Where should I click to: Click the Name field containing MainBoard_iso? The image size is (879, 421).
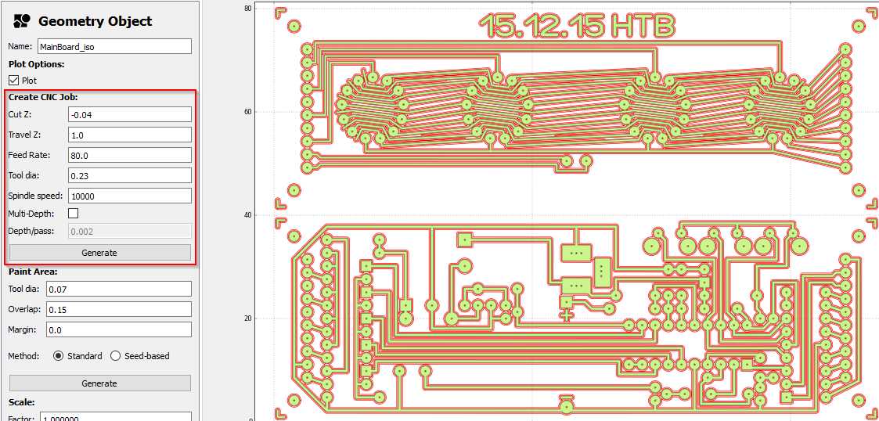point(114,46)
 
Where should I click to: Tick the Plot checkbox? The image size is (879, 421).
point(14,81)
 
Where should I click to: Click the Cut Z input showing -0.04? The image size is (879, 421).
point(130,114)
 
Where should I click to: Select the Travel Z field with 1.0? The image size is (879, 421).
point(130,135)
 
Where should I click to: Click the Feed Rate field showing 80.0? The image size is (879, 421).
point(130,155)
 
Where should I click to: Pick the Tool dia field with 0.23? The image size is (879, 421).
point(130,175)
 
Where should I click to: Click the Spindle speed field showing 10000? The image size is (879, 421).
point(130,196)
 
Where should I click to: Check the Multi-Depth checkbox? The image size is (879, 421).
point(74,213)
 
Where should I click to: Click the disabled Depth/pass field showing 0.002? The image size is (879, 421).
point(130,231)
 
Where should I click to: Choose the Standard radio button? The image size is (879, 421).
point(59,356)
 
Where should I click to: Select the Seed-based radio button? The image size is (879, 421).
point(116,356)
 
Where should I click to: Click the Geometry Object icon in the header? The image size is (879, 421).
point(22,21)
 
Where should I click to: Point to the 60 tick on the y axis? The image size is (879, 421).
point(269,111)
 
